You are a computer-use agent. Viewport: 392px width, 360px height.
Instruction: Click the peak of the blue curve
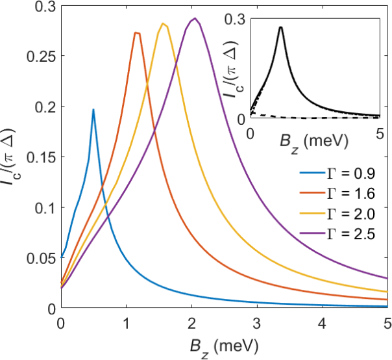pos(93,110)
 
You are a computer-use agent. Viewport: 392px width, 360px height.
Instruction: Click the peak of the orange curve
pos(136,32)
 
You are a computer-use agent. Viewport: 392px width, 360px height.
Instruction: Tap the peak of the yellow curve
pos(164,24)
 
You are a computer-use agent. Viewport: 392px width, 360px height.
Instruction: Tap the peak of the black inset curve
pos(280,27)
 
